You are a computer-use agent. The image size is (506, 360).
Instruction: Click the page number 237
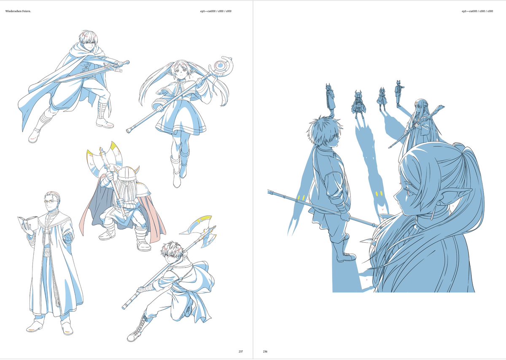click(x=241, y=352)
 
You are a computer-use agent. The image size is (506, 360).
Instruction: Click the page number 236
click(x=265, y=352)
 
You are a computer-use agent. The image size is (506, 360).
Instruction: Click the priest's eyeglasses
click(x=51, y=202)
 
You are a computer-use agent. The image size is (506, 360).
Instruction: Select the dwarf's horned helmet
click(x=126, y=173)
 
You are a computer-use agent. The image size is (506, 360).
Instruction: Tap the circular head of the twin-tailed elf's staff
click(x=220, y=65)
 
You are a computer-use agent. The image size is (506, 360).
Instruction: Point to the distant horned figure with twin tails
click(x=358, y=104)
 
